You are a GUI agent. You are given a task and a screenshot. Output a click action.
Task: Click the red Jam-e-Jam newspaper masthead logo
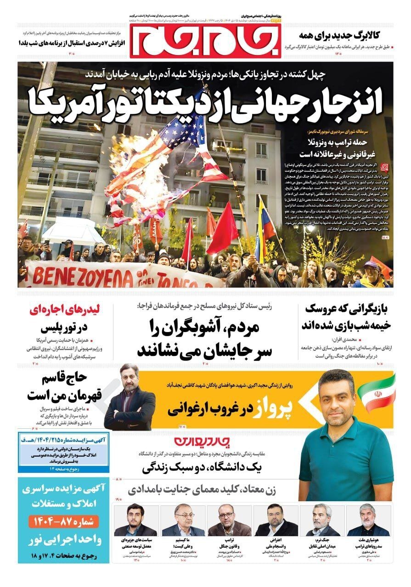205,40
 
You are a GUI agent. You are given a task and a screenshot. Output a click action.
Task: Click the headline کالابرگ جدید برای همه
346,34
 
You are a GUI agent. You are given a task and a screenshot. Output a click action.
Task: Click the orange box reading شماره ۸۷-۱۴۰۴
63,521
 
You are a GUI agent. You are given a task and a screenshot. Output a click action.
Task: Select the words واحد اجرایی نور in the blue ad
63,537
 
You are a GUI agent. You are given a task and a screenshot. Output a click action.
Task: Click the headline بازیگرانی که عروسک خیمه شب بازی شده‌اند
345,317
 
